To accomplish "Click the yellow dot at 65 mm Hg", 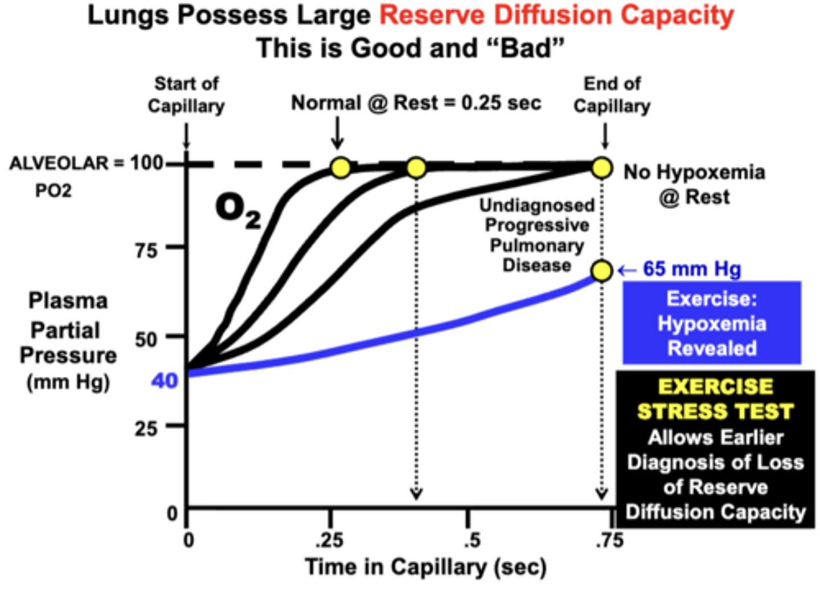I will pyautogui.click(x=602, y=270).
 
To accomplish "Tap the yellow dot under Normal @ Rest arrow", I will pyautogui.click(x=341, y=168).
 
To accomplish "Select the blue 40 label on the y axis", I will pyautogui.click(x=165, y=380).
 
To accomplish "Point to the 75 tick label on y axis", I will pyautogui.click(x=146, y=250).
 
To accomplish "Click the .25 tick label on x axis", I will pyautogui.click(x=329, y=540).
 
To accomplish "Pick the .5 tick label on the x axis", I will pyautogui.click(x=471, y=540).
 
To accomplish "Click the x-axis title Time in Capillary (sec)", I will pyautogui.click(x=425, y=567).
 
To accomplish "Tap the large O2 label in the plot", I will pyautogui.click(x=238, y=210).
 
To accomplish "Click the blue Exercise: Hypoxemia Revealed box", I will pyautogui.click(x=712, y=323).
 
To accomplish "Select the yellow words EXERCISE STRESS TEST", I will pyautogui.click(x=715, y=399).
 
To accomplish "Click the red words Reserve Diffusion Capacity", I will pyautogui.click(x=556, y=15).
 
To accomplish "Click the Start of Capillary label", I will pyautogui.click(x=186, y=95).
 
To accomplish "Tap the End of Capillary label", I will pyautogui.click(x=612, y=95).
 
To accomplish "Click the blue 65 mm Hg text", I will pyautogui.click(x=691, y=269).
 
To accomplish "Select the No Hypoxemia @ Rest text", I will pyautogui.click(x=694, y=184).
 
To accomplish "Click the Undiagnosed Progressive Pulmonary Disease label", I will pyautogui.click(x=536, y=235).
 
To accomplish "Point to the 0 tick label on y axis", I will pyautogui.click(x=172, y=514).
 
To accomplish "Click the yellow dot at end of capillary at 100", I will pyautogui.click(x=602, y=168).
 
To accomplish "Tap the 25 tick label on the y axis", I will pyautogui.click(x=146, y=428).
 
